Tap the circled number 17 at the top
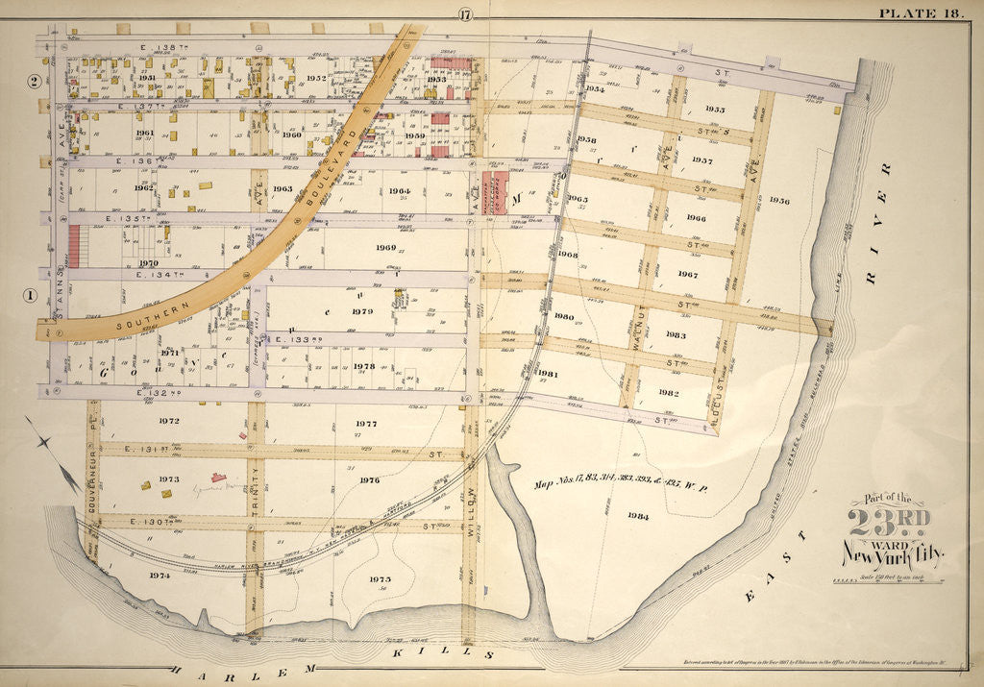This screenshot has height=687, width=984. [x=466, y=12]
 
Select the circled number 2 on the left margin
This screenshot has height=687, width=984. [x=34, y=81]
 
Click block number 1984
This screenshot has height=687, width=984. [x=638, y=517]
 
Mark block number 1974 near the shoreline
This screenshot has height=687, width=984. [x=160, y=575]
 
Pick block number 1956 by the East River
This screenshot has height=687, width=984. [x=778, y=201]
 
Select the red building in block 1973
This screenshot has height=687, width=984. [x=219, y=477]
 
